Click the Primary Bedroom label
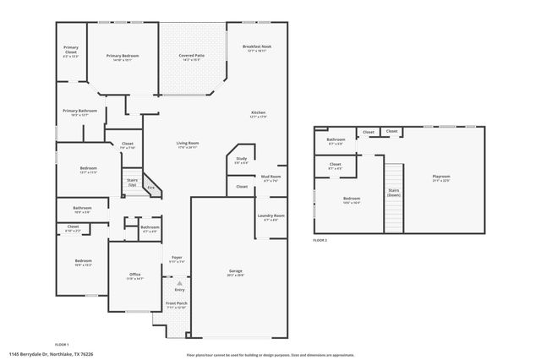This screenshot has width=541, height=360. click(x=123, y=56)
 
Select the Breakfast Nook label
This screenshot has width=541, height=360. click(x=256, y=47)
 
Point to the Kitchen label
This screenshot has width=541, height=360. click(x=258, y=113)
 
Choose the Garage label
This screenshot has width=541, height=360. click(x=236, y=271)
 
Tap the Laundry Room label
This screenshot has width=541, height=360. click(x=271, y=215)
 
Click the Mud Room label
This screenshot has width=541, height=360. click(x=271, y=176)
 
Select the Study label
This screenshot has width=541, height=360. click(x=241, y=159)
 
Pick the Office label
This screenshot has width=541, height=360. click(x=134, y=274)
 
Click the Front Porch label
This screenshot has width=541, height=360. click(x=177, y=303)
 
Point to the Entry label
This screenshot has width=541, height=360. click(x=179, y=290)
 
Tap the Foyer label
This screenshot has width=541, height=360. click(x=177, y=257)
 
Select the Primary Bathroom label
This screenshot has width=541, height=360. click(x=79, y=111)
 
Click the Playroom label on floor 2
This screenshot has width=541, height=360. click(x=441, y=177)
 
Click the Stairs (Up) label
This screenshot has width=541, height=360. click(x=132, y=180)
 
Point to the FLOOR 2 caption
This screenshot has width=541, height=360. click(x=320, y=241)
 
